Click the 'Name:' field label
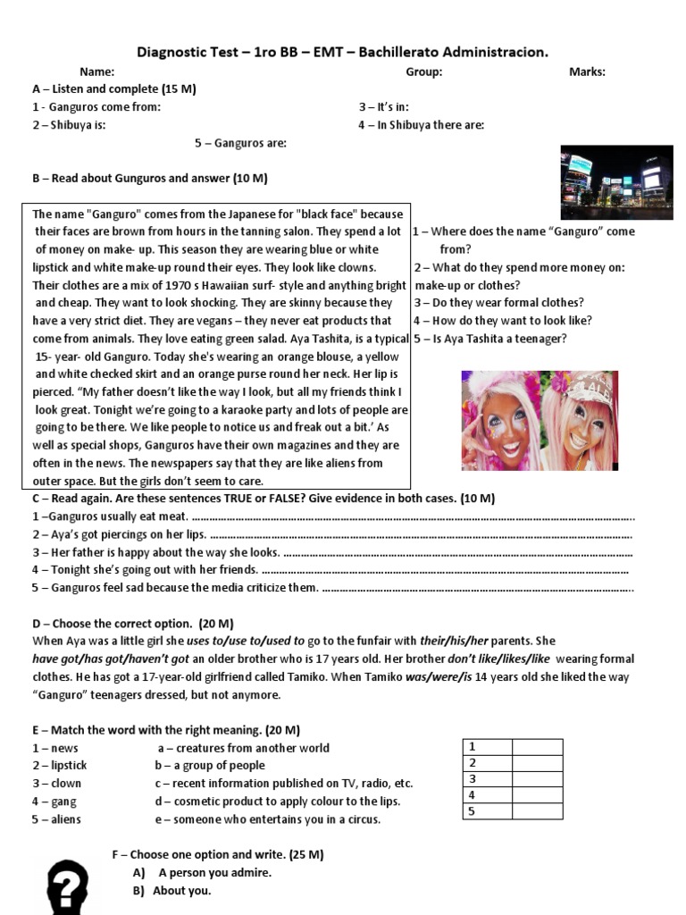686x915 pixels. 96,71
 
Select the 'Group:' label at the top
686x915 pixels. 423,71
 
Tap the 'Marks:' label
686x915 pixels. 587,71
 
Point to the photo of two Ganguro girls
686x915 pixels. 539,420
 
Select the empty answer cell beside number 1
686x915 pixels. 537,747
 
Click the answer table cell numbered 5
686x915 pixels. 487,811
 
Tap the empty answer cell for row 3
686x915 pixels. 537,779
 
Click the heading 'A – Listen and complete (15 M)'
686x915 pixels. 114,89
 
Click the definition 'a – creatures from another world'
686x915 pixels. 243,748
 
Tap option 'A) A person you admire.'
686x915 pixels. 202,872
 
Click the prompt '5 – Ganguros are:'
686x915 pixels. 240,143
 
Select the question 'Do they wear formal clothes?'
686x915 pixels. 498,303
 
